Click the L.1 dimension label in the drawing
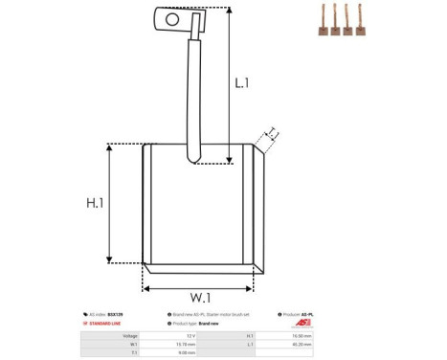pyautogui.click(x=242, y=82)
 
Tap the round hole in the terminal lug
pyautogui.click(x=172, y=17)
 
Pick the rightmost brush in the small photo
pyautogui.click(x=363, y=23)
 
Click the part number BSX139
pyautogui.click(x=116, y=314)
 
